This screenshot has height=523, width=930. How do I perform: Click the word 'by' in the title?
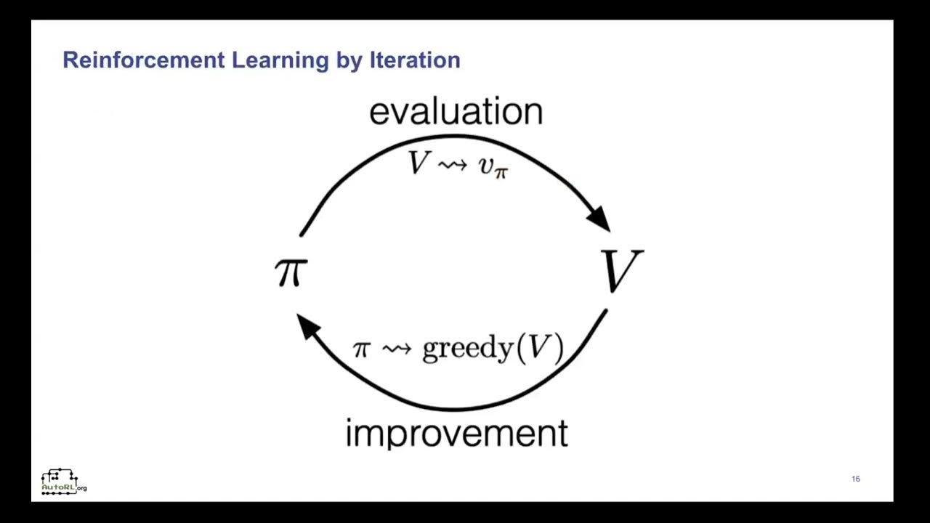point(349,61)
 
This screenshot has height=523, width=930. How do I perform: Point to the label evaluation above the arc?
point(456,112)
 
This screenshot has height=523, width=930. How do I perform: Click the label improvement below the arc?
point(456,434)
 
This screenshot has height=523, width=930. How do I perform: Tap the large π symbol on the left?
point(291,272)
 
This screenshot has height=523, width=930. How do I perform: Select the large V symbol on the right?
point(621,270)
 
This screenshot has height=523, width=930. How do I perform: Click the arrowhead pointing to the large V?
point(599,217)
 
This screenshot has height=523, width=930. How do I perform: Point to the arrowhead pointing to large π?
point(309,325)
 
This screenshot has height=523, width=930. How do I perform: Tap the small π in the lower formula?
point(361,349)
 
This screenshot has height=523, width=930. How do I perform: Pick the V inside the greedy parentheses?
point(538,348)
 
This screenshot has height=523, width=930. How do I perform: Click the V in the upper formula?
point(419,163)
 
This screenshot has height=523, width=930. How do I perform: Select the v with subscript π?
point(493,166)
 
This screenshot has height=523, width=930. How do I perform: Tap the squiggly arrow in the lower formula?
point(397,349)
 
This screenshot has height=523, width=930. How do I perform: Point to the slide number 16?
point(855,479)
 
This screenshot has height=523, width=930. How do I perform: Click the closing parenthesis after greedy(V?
point(557,349)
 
